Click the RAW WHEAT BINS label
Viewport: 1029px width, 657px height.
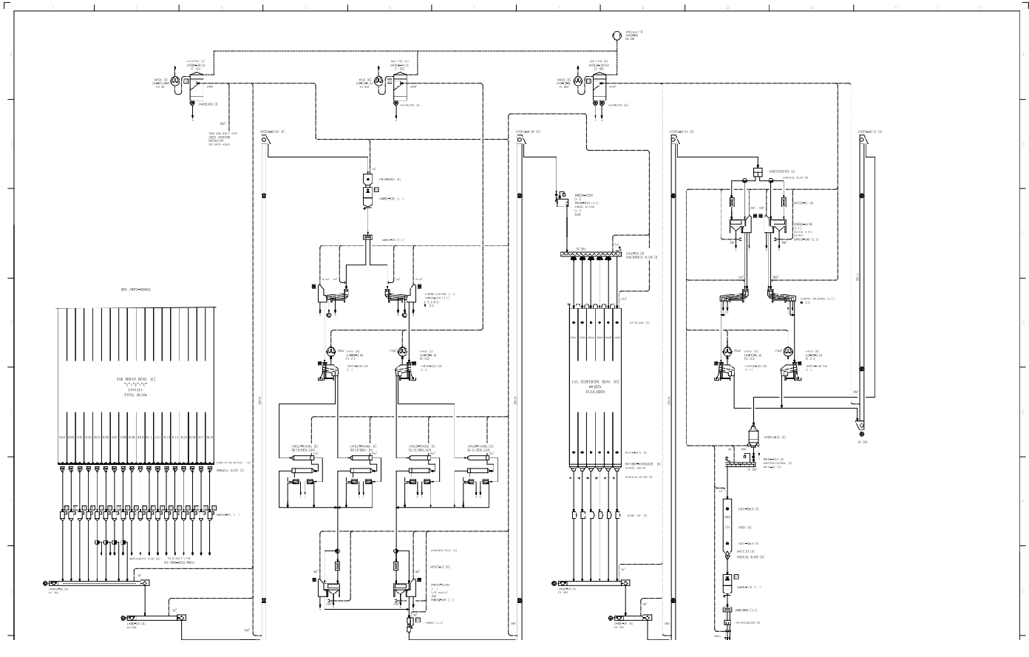coord(135,378)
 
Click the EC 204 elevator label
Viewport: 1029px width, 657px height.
coord(862,442)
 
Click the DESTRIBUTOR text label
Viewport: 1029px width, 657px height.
coord(783,171)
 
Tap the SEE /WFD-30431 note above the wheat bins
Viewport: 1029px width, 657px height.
coord(135,290)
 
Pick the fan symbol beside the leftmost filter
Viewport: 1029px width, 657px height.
coord(175,81)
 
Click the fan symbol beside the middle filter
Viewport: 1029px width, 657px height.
coord(379,81)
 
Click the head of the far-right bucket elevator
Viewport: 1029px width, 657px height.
coord(862,139)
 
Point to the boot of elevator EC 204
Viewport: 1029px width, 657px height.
coord(862,426)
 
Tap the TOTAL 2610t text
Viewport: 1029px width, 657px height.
coord(135,395)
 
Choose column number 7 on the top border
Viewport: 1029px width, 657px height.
coord(559,7)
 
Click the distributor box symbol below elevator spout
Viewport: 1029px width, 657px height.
coord(756,172)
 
